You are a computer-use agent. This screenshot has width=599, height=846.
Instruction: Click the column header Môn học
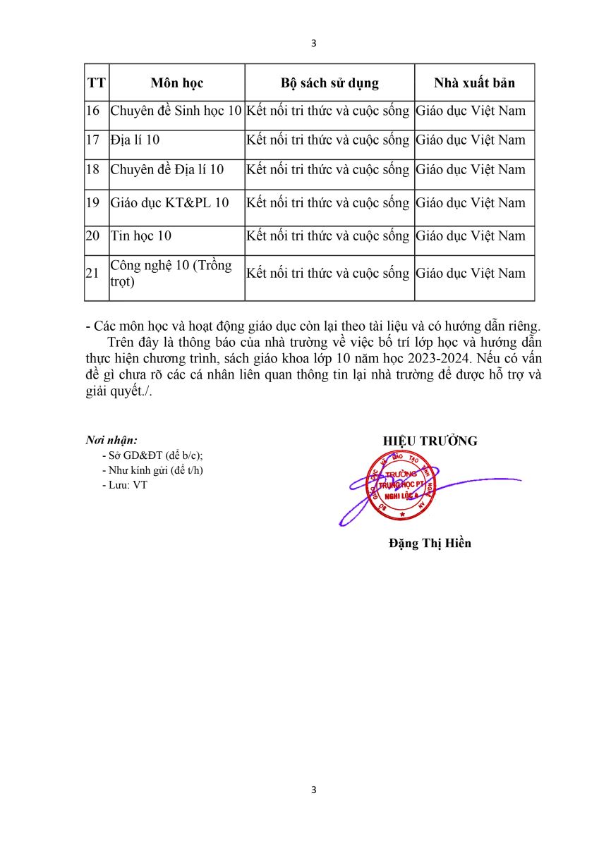tap(176, 83)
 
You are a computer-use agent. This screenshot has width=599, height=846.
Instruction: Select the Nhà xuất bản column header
tap(474, 83)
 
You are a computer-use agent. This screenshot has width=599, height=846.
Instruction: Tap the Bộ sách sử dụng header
tap(329, 83)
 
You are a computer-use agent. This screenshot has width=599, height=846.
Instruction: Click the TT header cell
tap(97, 83)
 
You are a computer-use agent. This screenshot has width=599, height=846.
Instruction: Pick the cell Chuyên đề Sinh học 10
tap(176, 111)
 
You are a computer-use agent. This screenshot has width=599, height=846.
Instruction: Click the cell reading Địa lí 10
tap(135, 140)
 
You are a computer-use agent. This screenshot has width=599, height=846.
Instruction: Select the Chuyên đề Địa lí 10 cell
tap(167, 170)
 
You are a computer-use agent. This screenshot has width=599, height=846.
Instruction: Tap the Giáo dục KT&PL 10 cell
tap(170, 203)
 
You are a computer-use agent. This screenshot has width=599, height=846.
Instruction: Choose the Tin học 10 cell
tap(141, 236)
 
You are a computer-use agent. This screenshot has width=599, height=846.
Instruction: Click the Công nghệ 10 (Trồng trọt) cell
tap(171, 273)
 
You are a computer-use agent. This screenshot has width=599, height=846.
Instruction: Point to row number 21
tap(92, 274)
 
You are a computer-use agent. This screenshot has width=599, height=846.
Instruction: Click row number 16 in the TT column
tap(92, 111)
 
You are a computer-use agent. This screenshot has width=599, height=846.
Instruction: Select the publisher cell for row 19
tap(471, 203)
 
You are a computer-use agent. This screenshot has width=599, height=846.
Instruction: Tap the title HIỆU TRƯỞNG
tap(430, 441)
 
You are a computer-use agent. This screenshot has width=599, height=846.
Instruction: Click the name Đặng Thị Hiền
tap(430, 543)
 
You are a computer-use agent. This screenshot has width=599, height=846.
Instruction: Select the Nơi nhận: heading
tap(111, 441)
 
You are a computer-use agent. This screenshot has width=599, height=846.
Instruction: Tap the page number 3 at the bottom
tap(314, 790)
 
